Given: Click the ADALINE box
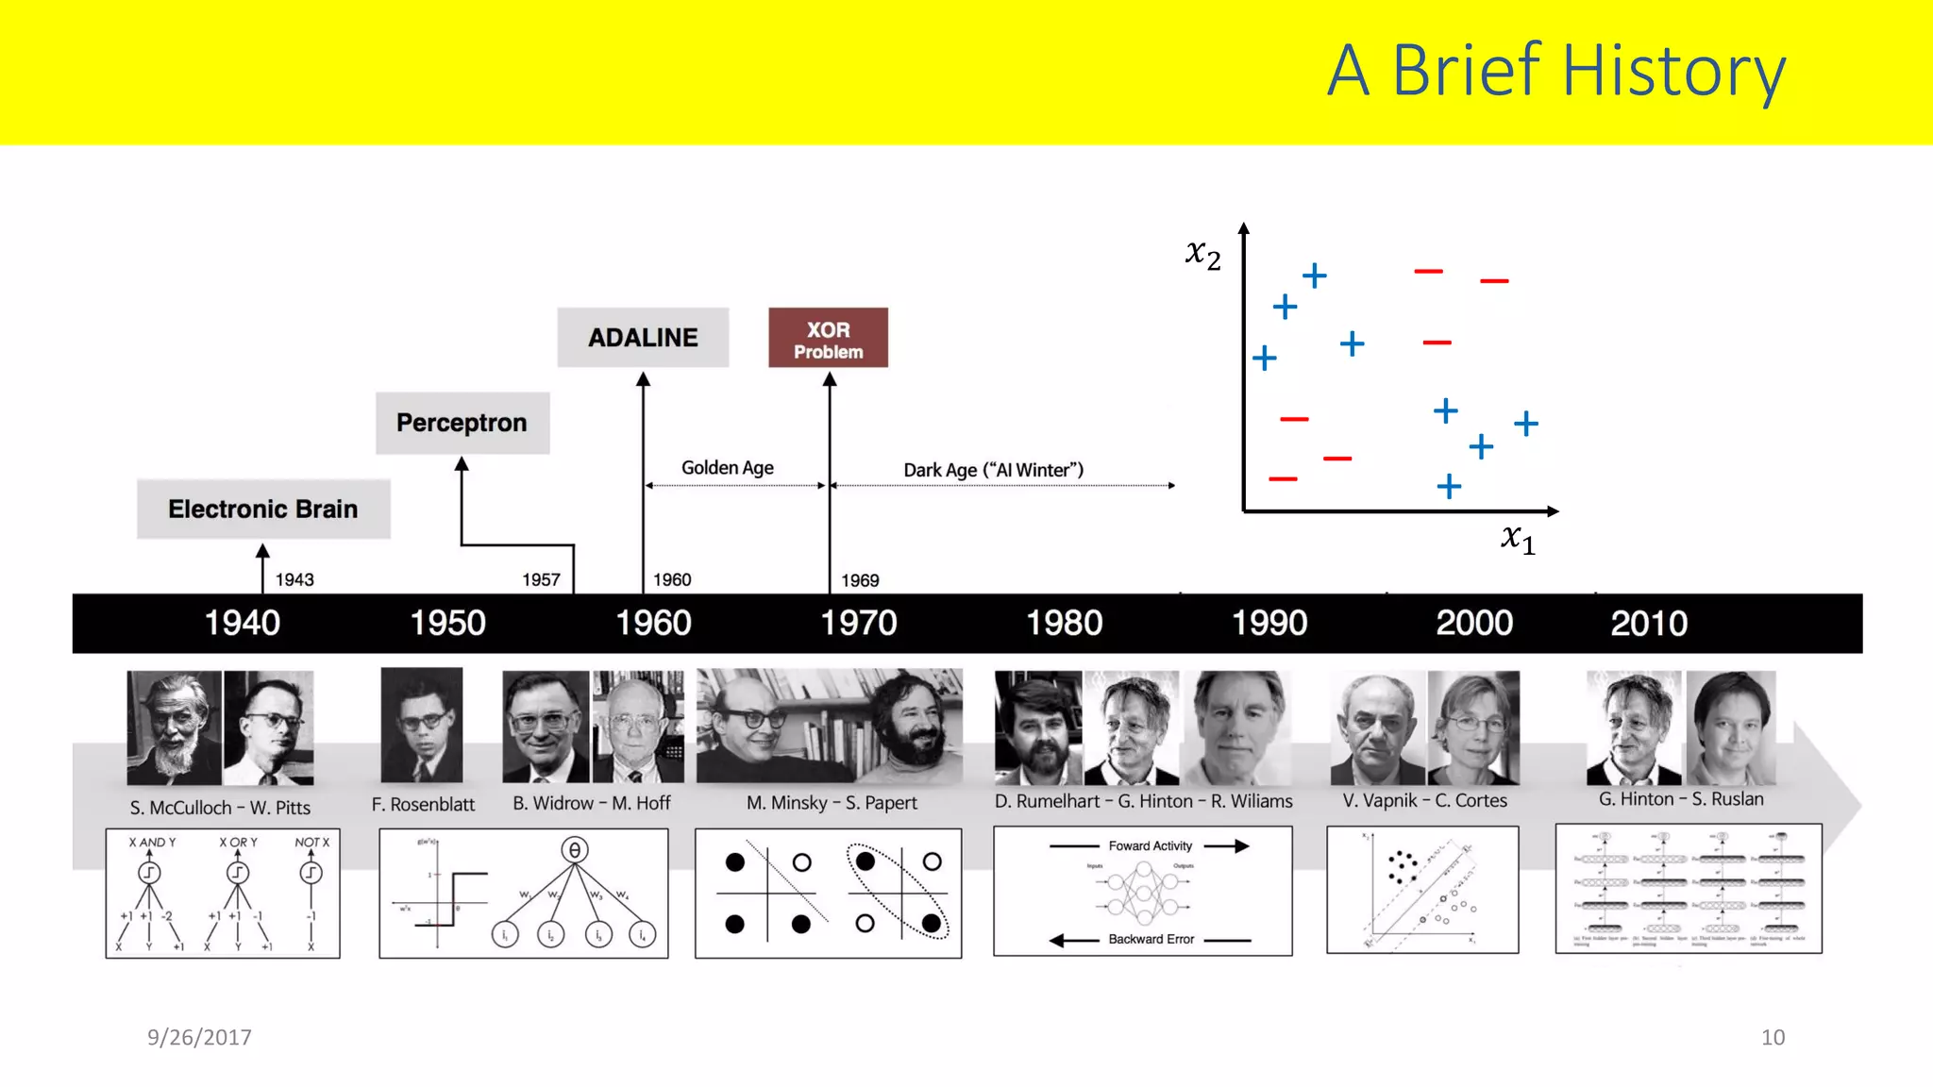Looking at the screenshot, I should coord(643,337).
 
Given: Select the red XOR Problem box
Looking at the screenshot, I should coord(828,338).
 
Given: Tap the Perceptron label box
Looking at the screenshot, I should coord(462,423).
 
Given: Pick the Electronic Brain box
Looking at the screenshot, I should coord(263,509).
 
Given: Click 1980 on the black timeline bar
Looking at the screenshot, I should coord(1064,623).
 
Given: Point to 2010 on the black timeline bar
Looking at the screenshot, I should coord(1648,623).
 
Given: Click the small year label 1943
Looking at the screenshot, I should coord(294,579).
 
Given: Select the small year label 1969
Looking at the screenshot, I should coord(860,580).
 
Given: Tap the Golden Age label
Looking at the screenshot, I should coord(728,468).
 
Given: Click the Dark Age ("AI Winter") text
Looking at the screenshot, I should coord(993,470).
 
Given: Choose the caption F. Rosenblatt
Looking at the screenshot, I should coord(423,804).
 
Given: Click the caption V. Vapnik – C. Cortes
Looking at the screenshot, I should coord(1424,800).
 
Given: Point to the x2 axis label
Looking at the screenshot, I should coord(1203,253).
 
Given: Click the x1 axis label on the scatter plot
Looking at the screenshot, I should coord(1518,538).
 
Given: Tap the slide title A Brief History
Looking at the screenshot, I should coord(1555,71).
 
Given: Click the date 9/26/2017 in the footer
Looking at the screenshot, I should coord(199,1037).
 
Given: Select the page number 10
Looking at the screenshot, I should coord(1773,1037).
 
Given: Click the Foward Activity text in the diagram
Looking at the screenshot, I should coord(1150,845).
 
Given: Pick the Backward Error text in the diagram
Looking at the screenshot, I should coord(1151,939).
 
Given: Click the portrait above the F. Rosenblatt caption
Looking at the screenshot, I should coord(422,726).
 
